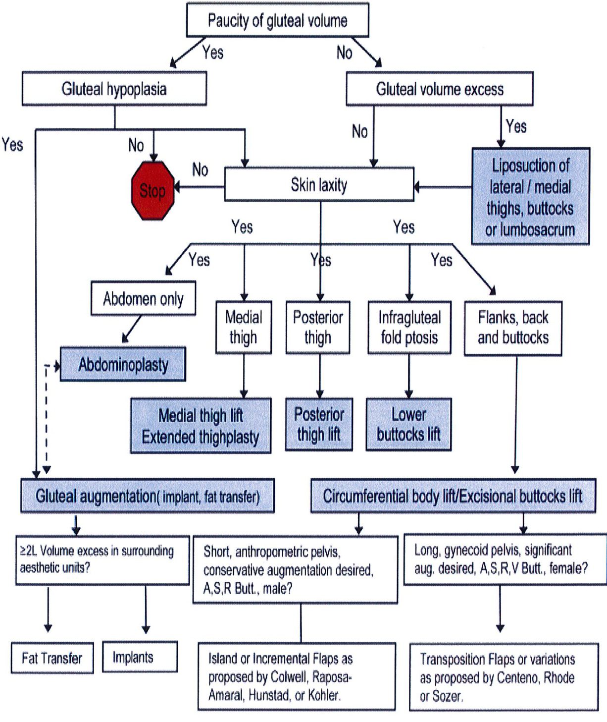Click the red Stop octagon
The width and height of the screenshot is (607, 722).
pos(152,190)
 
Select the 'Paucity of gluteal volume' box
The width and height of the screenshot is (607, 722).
pos(277,20)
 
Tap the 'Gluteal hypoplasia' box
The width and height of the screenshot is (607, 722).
pos(114,89)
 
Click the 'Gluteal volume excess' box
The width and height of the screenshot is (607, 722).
pos(439,89)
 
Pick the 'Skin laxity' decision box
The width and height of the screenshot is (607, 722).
pos(319,185)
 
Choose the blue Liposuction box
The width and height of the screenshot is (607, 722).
pos(530,197)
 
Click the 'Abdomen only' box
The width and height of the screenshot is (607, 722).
pos(143,299)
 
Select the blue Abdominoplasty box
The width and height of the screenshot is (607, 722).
pos(123,365)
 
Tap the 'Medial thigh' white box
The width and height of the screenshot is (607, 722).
pos(243,327)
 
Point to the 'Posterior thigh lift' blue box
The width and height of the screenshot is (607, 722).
pos(319,425)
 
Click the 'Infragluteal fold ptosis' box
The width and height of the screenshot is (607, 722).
pos(409,327)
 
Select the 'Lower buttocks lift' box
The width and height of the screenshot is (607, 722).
pos(408,425)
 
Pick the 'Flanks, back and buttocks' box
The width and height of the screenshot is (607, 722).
pos(513,328)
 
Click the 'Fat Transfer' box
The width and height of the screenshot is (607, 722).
pos(52,658)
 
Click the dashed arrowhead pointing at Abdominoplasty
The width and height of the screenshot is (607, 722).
pos(57,366)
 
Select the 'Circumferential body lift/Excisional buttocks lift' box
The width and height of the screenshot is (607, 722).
pos(453,496)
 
